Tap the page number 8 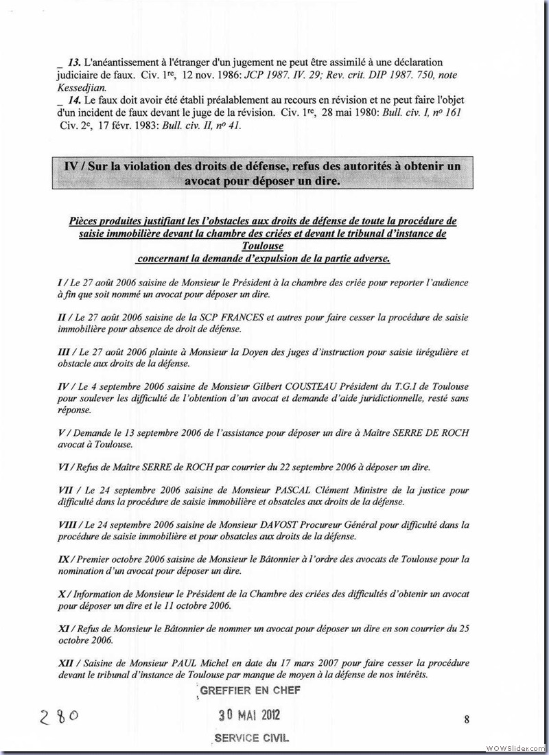pos(466,719)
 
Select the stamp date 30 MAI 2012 pos(250,715)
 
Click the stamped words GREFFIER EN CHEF pos(250,690)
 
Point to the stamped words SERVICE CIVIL pos(251,738)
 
